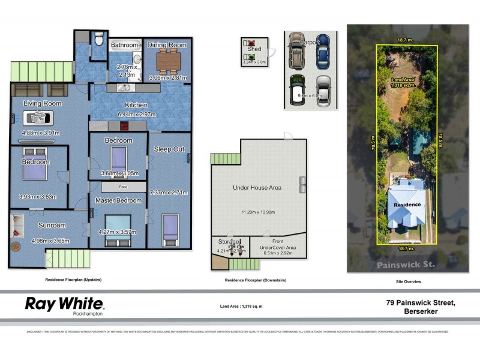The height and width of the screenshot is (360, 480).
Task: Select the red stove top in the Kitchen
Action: coord(125,127)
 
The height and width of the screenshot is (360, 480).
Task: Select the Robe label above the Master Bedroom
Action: coord(122,187)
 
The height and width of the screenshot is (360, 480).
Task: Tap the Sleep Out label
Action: coord(169,149)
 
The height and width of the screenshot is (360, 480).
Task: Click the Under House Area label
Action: coord(257,188)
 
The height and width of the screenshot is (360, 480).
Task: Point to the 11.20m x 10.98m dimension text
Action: coord(257,212)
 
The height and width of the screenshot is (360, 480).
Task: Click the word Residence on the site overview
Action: coord(407,205)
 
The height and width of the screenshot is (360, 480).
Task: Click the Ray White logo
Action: coord(64,305)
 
